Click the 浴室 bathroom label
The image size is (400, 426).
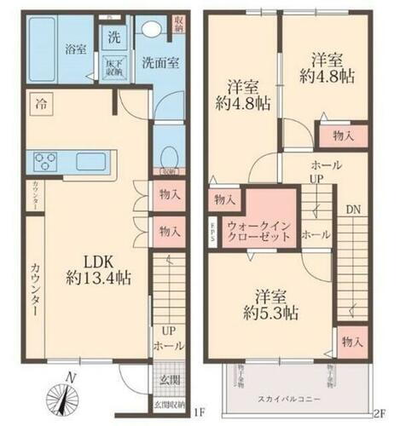76,49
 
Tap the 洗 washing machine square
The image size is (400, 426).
113,37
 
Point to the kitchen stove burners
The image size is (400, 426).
44,160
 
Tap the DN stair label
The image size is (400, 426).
353,206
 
